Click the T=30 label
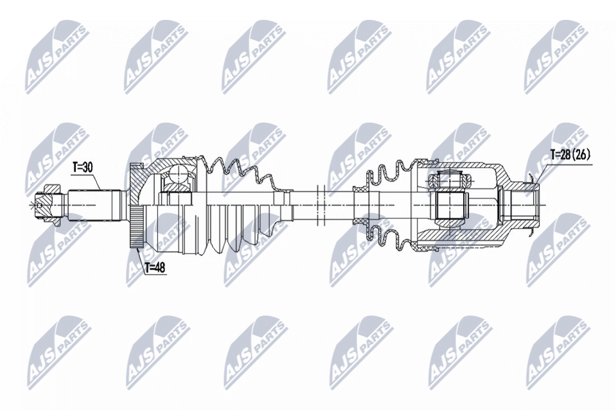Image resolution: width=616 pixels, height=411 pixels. (82, 168)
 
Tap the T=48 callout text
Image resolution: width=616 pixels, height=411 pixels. (155, 268)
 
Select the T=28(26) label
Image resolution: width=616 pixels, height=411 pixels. (570, 155)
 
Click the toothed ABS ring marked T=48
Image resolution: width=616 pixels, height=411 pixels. (136, 227)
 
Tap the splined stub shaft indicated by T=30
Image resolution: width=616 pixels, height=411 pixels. (94, 205)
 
